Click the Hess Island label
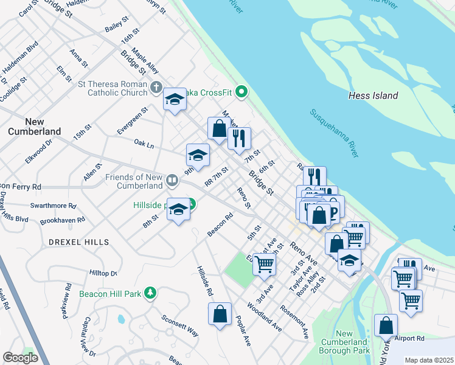click(x=373, y=96)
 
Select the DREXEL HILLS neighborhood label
click(x=79, y=242)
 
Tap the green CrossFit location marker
click(x=241, y=92)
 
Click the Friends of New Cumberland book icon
click(x=172, y=180)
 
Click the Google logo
click(x=20, y=358)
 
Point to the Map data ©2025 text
click(x=428, y=360)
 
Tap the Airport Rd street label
click(x=408, y=338)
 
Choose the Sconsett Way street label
click(x=179, y=326)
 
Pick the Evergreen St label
click(x=132, y=120)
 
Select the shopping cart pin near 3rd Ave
click(x=265, y=264)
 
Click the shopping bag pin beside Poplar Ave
click(x=220, y=314)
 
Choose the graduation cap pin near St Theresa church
click(x=175, y=99)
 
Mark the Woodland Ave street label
click(x=265, y=317)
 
